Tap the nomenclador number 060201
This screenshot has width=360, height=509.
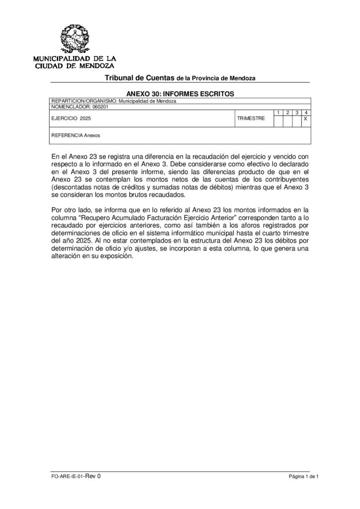click(100, 106)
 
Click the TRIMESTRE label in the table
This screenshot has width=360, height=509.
click(251, 119)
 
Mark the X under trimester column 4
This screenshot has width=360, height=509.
click(306, 119)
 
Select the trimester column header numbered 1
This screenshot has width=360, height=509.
click(278, 113)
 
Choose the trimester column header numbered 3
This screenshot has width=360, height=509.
click(297, 113)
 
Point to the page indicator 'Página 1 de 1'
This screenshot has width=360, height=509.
click(303, 476)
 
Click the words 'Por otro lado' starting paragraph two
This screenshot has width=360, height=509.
click(70, 209)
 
